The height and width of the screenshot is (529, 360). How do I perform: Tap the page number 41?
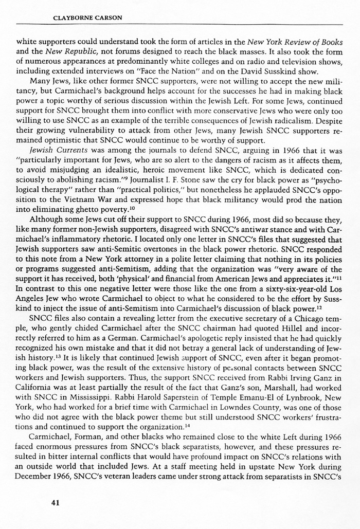click(x=56, y=503)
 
